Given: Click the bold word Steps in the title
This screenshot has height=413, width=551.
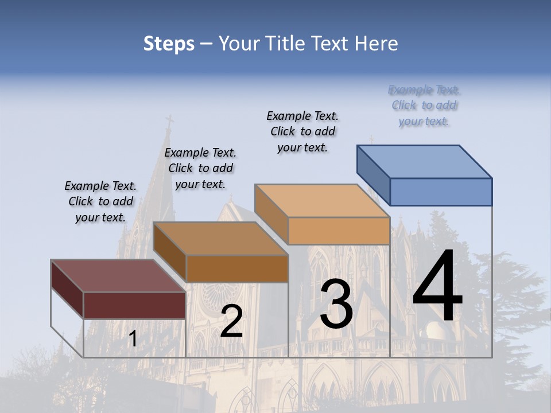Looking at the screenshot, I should (x=169, y=44).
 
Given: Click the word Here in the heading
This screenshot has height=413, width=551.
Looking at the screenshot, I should (x=377, y=44).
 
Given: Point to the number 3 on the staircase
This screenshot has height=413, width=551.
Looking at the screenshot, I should (x=336, y=304).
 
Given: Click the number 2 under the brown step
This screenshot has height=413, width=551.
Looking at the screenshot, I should (x=231, y=321).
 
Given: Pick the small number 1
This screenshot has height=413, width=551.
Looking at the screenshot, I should (x=133, y=339).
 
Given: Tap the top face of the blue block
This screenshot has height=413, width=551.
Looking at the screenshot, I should (x=424, y=162).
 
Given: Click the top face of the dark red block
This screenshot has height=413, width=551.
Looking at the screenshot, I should (x=118, y=276).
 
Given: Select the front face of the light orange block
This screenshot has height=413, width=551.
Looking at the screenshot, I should (x=339, y=231).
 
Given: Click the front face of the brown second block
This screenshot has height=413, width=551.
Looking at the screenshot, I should (x=237, y=268).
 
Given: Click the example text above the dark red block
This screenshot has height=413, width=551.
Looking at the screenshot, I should (x=100, y=201).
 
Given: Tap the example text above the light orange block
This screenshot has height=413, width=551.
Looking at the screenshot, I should (x=302, y=131).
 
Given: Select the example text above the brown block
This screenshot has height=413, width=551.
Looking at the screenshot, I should (x=200, y=168).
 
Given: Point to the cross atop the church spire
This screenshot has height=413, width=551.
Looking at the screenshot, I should (x=169, y=122).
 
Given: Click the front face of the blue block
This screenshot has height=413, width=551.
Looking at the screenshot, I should (x=441, y=192).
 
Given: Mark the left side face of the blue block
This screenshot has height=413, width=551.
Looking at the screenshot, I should (x=373, y=174).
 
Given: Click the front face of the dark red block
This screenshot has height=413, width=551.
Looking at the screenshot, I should (x=134, y=305).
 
